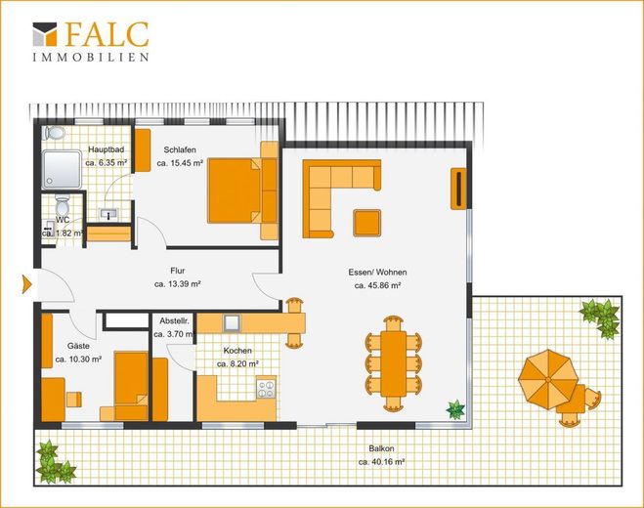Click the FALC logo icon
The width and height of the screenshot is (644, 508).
[x=45, y=33]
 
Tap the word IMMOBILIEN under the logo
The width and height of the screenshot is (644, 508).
[x=91, y=57]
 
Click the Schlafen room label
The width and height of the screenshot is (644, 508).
[x=180, y=149]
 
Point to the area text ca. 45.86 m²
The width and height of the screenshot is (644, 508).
[x=377, y=285]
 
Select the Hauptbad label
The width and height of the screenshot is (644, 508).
[x=106, y=149]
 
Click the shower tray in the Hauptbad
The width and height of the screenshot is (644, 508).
[x=62, y=170]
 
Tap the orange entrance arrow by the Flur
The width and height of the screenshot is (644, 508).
[x=26, y=284]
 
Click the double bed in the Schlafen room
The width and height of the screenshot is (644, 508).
[x=242, y=190]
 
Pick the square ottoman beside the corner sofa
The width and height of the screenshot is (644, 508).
[x=367, y=223]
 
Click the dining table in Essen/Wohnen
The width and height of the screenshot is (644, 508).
[x=394, y=363]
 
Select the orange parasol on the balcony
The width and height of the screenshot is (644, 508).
[x=548, y=379]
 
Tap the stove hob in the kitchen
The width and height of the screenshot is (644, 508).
[x=266, y=389]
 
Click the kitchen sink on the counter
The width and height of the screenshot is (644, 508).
[x=232, y=323]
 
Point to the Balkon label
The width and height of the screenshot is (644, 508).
[x=381, y=448]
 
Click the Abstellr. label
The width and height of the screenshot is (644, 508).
[x=174, y=320]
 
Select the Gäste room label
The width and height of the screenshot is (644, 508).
[x=78, y=346]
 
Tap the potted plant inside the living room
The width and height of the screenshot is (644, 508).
[x=455, y=409]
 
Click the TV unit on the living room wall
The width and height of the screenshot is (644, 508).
[x=458, y=189]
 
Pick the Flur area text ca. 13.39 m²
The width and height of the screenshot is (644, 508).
[x=178, y=283]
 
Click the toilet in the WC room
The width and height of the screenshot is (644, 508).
[x=63, y=204]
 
